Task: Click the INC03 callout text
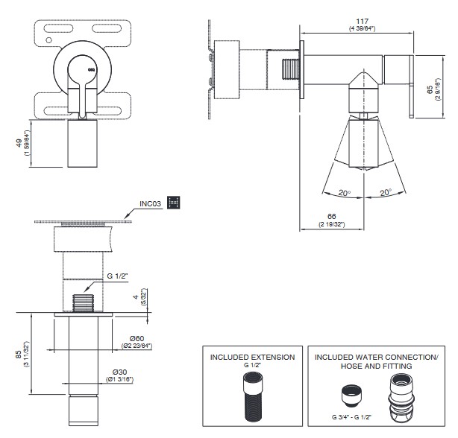pos(151,202)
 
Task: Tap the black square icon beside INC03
pos(175,202)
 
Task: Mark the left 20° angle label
pos(344,194)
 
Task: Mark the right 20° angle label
pos(384,193)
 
